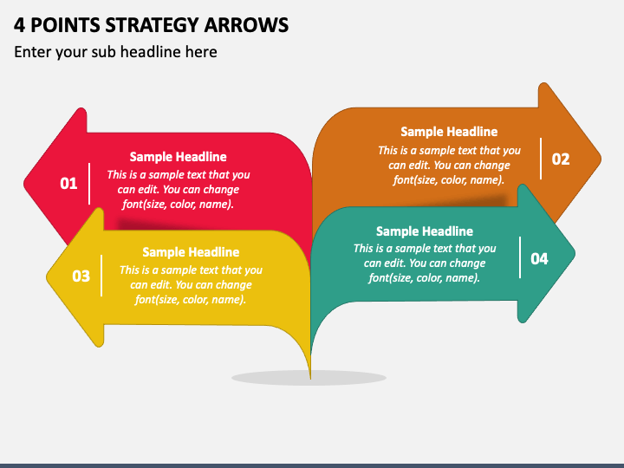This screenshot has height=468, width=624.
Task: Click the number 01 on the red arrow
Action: tap(68, 183)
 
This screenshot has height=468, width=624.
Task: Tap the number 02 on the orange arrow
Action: tap(561, 159)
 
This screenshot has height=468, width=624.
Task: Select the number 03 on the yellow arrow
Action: tap(81, 276)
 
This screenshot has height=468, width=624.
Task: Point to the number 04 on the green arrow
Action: tap(539, 258)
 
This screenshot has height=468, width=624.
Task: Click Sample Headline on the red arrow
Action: tap(178, 157)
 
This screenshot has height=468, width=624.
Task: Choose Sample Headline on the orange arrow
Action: tap(449, 132)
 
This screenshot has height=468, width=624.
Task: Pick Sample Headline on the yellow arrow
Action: tap(190, 252)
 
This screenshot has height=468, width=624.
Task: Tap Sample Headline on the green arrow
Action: tap(424, 231)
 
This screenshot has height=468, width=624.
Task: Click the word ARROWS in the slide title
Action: tap(245, 24)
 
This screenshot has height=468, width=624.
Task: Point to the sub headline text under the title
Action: tap(115, 52)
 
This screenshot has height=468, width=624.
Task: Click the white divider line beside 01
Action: tap(90, 183)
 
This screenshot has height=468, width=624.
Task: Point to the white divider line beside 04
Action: tap(519, 257)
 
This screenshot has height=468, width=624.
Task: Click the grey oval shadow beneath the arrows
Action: tap(309, 377)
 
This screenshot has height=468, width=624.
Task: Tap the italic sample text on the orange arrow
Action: tap(449, 165)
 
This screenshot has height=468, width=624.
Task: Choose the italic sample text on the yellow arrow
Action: tap(190, 284)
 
